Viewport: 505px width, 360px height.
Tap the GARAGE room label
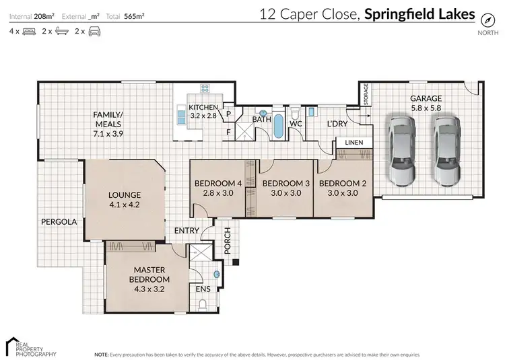pos(426,98)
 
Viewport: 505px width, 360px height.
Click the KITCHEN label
pos(203,108)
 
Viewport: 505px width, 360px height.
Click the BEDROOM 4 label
pos(217,184)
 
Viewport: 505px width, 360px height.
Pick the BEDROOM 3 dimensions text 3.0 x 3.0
pos(285,193)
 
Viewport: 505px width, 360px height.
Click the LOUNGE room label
pos(125,195)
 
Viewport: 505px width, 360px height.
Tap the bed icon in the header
pos(29,31)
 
